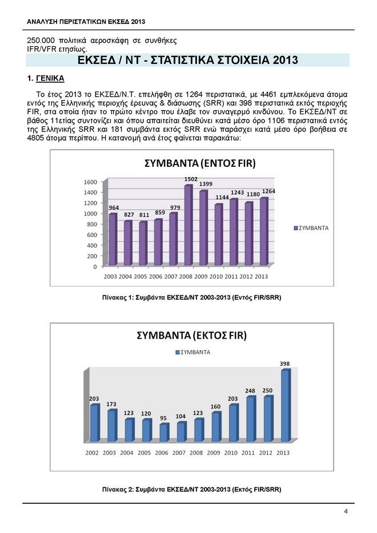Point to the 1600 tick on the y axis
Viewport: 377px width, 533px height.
coord(91,182)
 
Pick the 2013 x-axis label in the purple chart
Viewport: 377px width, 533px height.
coord(261,276)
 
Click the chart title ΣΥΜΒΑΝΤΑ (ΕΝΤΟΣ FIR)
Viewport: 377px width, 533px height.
coord(199,164)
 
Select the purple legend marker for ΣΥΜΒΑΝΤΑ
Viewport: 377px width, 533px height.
coord(295,228)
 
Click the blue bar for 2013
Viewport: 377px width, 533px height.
coord(285,406)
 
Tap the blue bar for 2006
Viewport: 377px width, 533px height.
coord(163,432)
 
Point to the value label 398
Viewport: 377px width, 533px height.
coord(285,363)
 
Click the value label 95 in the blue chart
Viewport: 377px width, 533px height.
coord(163,418)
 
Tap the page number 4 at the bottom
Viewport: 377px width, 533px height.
coord(346,511)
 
